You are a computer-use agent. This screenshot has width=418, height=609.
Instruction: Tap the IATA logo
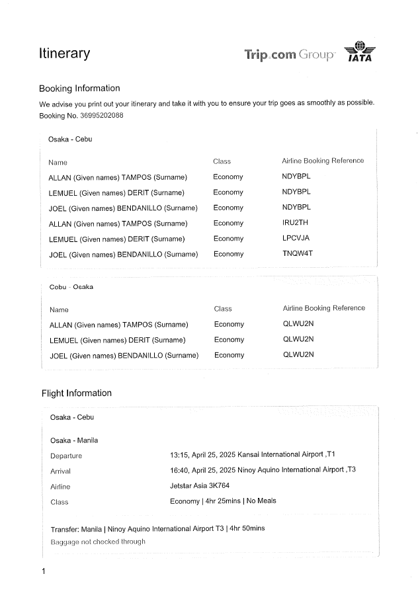click(x=360, y=52)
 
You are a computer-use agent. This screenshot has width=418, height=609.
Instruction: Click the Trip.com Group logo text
click(x=290, y=55)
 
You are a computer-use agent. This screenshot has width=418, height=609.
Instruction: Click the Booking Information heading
click(x=79, y=89)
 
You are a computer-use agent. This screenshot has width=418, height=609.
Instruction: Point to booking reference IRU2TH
click(x=295, y=223)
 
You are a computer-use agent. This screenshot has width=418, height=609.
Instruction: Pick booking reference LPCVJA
click(x=296, y=239)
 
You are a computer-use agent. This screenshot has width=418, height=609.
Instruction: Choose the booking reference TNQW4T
click(x=297, y=254)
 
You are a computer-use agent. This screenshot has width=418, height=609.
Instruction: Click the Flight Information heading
click(x=77, y=393)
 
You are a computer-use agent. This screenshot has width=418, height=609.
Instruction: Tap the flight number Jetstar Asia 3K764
click(x=196, y=486)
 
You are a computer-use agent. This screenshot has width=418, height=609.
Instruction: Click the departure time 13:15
click(x=179, y=455)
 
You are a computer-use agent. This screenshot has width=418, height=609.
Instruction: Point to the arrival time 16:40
click(x=179, y=470)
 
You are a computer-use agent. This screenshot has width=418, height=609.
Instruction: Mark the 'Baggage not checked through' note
click(x=98, y=542)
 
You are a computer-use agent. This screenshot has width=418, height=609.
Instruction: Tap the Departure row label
click(x=66, y=456)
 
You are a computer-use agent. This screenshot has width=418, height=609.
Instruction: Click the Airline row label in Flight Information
click(x=60, y=487)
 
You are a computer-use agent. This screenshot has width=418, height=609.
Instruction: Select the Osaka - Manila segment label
click(x=74, y=440)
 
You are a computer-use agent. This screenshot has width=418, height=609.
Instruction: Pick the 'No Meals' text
click(x=261, y=501)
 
